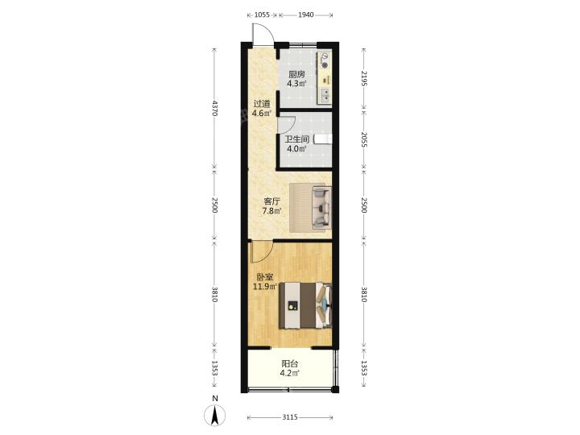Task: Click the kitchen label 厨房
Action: (296, 74)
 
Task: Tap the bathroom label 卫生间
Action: (296, 140)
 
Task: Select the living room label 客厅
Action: (271, 201)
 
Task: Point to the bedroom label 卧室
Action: (265, 277)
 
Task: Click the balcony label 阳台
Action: (290, 364)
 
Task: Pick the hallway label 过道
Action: (262, 104)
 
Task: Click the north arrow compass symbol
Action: (214, 415)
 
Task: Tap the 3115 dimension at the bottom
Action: (290, 417)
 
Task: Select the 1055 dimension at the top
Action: (263, 14)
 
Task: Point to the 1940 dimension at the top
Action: (306, 14)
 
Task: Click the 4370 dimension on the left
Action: (214, 108)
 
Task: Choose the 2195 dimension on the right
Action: (363, 78)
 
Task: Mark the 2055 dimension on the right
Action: (363, 139)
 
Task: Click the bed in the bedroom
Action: (305, 305)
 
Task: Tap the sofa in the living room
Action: (321, 207)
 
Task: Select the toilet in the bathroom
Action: (323, 139)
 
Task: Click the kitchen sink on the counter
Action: (325, 96)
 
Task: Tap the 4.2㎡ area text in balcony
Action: (290, 373)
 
